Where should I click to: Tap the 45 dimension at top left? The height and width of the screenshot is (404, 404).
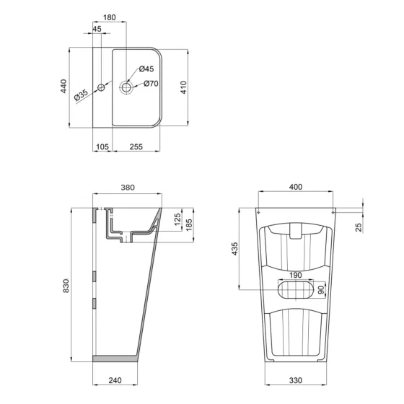pyautogui.click(x=97, y=30)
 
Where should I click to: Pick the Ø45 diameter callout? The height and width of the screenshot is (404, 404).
pyautogui.click(x=146, y=69)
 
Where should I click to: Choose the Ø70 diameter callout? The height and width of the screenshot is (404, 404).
pyautogui.click(x=151, y=84)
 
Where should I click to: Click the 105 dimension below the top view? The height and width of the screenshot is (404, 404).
pyautogui.click(x=102, y=147)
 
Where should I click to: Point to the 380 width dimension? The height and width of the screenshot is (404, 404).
pyautogui.click(x=127, y=188)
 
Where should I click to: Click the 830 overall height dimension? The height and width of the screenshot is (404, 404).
pyautogui.click(x=65, y=286)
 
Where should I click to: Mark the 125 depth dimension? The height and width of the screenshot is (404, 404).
pyautogui.click(x=177, y=219)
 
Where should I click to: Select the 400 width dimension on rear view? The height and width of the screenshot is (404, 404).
pyautogui.click(x=296, y=187)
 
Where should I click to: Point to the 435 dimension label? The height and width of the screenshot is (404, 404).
pyautogui.click(x=235, y=249)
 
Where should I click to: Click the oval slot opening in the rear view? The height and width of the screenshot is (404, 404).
pyautogui.click(x=296, y=290)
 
